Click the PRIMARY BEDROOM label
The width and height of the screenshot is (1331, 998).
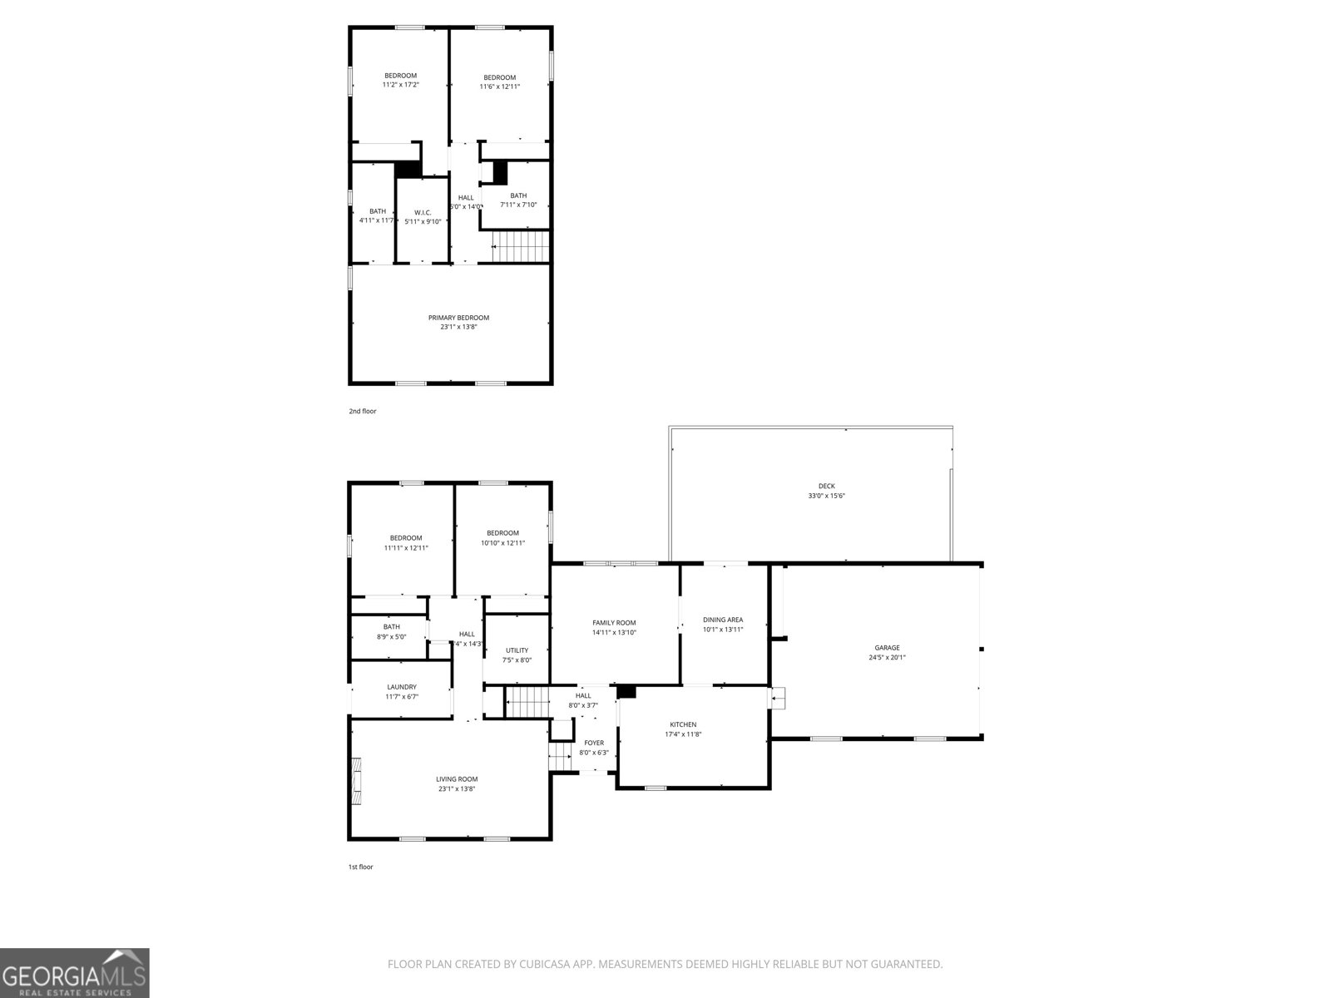point(458,318)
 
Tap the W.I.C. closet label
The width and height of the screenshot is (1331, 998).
point(423,213)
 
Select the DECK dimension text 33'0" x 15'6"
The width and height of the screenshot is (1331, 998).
point(826,496)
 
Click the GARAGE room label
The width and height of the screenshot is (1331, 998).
point(887,648)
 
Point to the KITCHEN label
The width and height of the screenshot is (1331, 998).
point(682,724)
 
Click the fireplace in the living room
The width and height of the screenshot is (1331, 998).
point(357,781)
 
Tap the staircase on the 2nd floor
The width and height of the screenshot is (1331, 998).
point(521,247)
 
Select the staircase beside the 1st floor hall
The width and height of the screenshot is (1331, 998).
point(527,702)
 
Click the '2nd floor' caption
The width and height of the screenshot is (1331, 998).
point(362,411)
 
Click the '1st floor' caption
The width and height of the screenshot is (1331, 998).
point(360,867)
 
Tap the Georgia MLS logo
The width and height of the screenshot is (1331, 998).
point(75,973)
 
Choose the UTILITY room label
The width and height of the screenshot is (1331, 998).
point(517,650)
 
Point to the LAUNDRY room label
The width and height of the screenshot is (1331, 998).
point(402,687)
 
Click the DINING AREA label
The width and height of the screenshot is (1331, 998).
point(722,620)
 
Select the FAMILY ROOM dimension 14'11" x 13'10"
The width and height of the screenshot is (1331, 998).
point(614,632)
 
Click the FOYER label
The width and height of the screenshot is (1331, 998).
point(594,743)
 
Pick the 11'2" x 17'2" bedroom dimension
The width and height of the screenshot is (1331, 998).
point(400,85)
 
